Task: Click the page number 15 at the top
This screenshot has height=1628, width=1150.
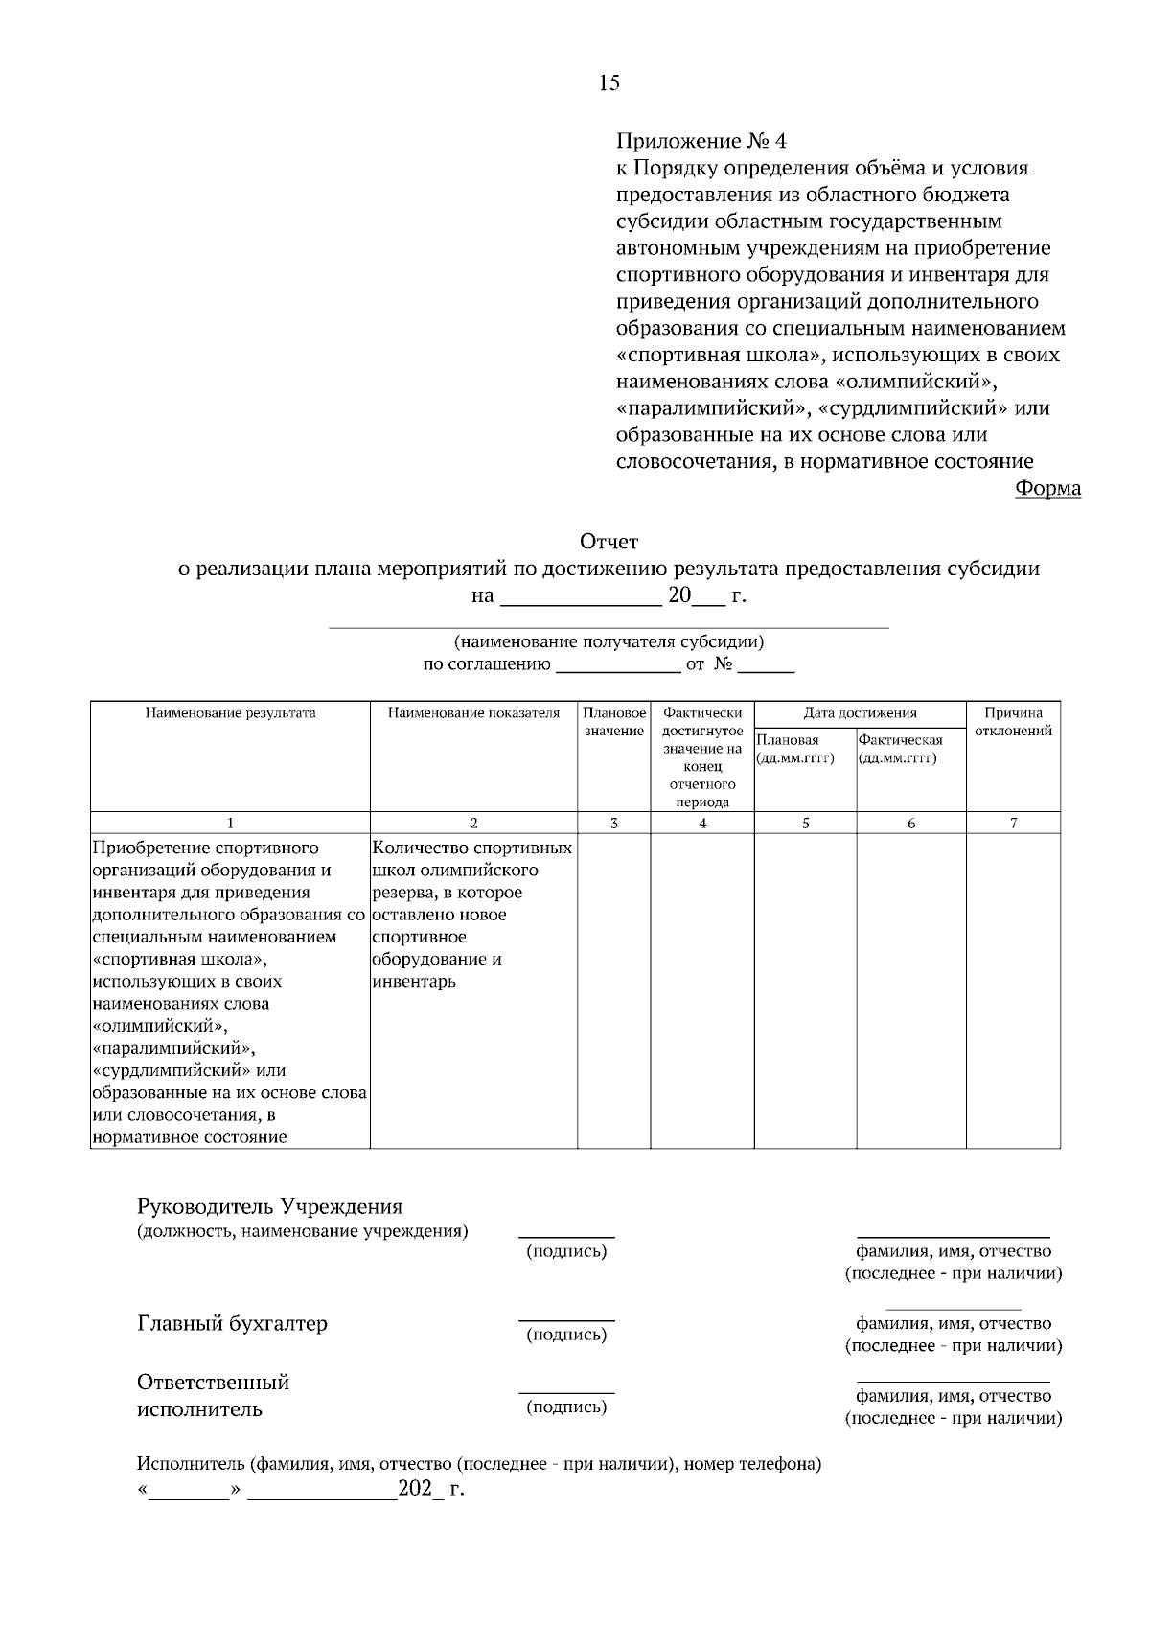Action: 609,82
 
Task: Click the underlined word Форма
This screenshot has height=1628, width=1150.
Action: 1047,489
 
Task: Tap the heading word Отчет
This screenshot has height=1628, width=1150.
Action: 609,543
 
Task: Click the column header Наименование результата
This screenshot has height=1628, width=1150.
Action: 230,713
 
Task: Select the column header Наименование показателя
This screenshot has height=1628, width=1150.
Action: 473,713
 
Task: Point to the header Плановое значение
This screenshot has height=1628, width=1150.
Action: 614,722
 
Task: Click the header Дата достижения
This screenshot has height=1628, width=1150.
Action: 860,713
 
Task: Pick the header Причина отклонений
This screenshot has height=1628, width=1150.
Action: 1013,722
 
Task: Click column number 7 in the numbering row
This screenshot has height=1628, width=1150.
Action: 1013,824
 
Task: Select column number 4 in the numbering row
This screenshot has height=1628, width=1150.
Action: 702,824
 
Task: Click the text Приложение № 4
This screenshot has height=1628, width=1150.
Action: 701,142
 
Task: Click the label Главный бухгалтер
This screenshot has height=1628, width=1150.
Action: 232,1324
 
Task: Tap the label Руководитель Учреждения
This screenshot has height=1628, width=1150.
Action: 269,1206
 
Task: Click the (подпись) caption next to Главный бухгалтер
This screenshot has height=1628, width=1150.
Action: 566,1335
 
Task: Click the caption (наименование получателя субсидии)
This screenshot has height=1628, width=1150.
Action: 609,642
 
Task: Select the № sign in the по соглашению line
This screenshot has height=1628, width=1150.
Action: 723,664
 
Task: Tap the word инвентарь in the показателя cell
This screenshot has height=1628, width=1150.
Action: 414,982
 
